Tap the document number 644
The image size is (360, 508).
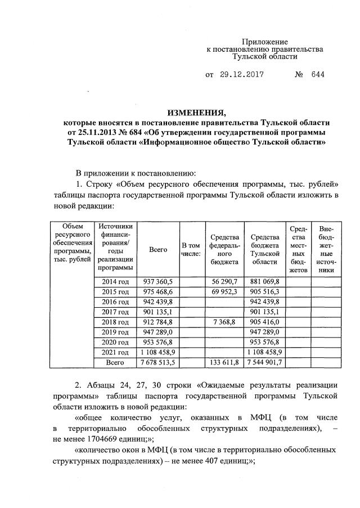tap(317, 74)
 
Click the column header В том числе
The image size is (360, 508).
tap(191, 249)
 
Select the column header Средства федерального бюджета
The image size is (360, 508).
tap(224, 249)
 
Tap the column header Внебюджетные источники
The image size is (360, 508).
tap(326, 249)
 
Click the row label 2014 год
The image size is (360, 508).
tap(115, 281)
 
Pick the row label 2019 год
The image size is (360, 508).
tap(115, 332)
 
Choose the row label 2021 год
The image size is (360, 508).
tap(115, 353)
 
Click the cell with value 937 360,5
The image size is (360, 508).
tap(158, 281)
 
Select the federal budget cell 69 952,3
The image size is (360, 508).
tap(224, 291)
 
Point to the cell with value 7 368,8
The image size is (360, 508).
tap(224, 322)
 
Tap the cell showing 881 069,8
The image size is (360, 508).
tap(264, 281)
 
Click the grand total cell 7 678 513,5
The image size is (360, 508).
tap(158, 363)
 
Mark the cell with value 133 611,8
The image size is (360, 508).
tap(224, 363)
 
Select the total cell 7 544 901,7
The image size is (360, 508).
tap(264, 363)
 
